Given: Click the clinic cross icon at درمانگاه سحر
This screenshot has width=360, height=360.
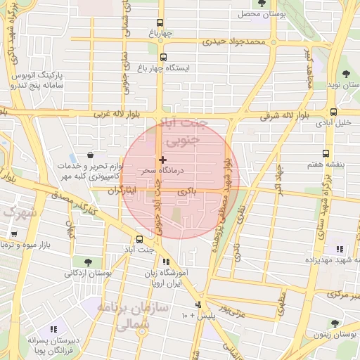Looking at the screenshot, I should tap(163, 160).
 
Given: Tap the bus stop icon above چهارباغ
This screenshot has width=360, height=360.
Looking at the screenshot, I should tap(160, 23).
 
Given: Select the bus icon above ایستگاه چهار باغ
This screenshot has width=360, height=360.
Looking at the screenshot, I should tap(164, 58).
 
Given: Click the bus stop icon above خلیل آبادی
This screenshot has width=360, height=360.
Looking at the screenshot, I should tap(333, 111).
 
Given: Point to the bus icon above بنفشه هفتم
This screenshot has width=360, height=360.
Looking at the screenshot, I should tap(325, 153).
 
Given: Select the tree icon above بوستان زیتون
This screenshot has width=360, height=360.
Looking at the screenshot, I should tap(335, 324).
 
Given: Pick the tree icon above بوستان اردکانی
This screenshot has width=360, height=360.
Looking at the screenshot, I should tap(86, 262).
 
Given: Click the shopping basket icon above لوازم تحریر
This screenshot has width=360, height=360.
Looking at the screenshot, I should tap(90, 155).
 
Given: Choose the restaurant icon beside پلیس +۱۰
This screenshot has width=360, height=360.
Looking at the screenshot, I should tap(198, 305).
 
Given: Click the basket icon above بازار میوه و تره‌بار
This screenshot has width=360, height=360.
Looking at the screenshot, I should tap(13, 233).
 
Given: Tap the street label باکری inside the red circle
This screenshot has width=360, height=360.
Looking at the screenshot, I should tap(186, 191).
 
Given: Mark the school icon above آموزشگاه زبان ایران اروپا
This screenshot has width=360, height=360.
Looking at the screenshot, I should tap(167, 262).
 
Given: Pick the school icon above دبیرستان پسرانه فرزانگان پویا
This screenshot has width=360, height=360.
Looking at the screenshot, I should tap(53, 329).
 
